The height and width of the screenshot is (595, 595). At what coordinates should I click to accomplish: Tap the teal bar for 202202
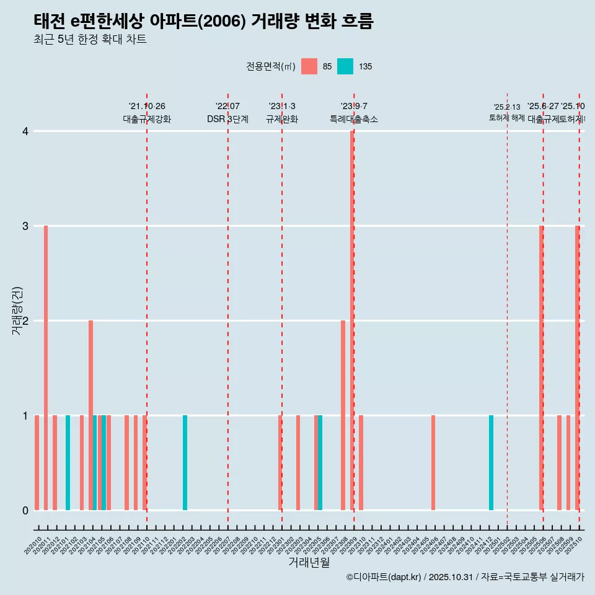185,463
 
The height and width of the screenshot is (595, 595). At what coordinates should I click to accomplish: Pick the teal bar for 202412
491,463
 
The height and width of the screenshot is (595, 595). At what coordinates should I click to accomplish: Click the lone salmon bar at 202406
433,463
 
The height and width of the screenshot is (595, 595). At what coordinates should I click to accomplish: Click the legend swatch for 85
309,66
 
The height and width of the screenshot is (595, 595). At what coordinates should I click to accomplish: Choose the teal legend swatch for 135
345,66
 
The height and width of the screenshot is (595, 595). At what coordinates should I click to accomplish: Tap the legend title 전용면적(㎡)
270,66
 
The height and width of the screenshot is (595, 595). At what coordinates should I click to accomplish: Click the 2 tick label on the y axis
25,321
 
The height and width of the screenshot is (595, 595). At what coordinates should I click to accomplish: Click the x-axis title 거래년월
309,562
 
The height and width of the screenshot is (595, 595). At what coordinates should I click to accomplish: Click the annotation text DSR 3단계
227,120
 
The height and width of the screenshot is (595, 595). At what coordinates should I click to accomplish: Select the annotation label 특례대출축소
353,120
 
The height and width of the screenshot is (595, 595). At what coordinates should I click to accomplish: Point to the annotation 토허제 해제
507,117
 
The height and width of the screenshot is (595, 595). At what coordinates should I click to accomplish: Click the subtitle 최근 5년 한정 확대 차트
90,40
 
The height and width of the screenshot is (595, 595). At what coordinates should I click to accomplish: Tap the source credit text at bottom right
465,577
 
